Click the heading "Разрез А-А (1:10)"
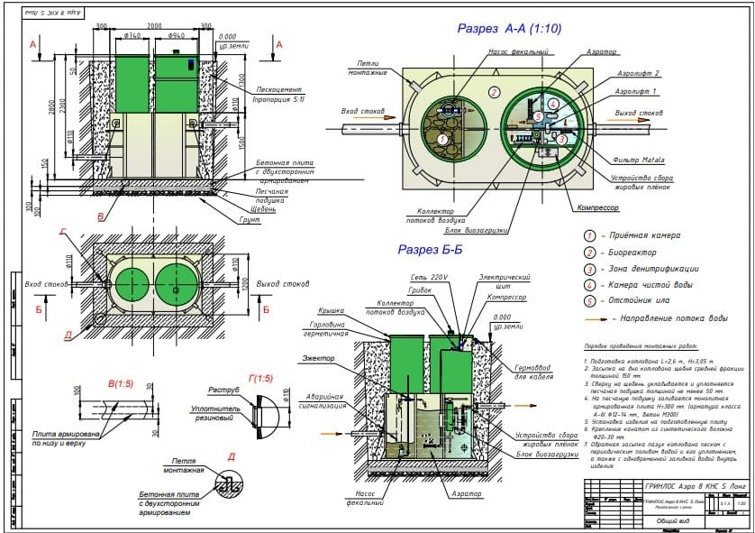[x=509, y=29]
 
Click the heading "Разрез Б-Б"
[x=431, y=249]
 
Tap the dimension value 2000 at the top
[x=155, y=26]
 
